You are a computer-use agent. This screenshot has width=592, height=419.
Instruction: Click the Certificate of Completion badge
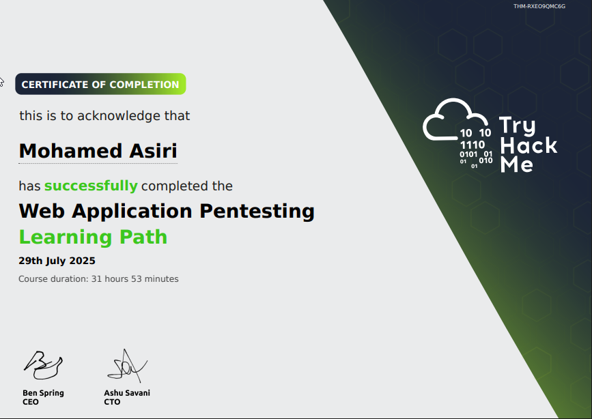[x=100, y=85]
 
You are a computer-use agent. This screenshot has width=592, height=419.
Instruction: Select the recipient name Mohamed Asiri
[x=98, y=150]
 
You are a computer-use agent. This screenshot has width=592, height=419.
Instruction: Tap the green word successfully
[x=91, y=186]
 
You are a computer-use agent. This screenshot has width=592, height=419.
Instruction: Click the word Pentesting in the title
[x=257, y=211]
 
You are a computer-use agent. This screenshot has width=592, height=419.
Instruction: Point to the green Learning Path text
[x=93, y=237]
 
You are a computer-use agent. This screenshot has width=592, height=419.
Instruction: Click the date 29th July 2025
[x=57, y=261]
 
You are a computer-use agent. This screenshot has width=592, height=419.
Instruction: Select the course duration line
[x=98, y=278]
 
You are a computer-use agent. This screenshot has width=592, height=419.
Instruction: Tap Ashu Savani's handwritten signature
[x=126, y=366]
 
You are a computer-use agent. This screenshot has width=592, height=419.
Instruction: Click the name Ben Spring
[x=43, y=393]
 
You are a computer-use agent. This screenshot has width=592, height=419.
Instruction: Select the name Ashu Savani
[x=127, y=393]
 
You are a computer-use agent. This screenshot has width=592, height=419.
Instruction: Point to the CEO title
[x=31, y=402]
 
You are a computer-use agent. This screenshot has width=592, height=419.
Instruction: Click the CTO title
[x=112, y=402]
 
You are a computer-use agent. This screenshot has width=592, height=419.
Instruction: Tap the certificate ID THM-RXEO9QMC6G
[x=539, y=6]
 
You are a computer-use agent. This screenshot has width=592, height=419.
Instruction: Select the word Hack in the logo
[x=528, y=145]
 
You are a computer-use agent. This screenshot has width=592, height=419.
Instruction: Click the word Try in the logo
[x=517, y=126]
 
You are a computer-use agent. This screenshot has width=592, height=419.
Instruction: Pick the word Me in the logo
[x=517, y=164]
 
